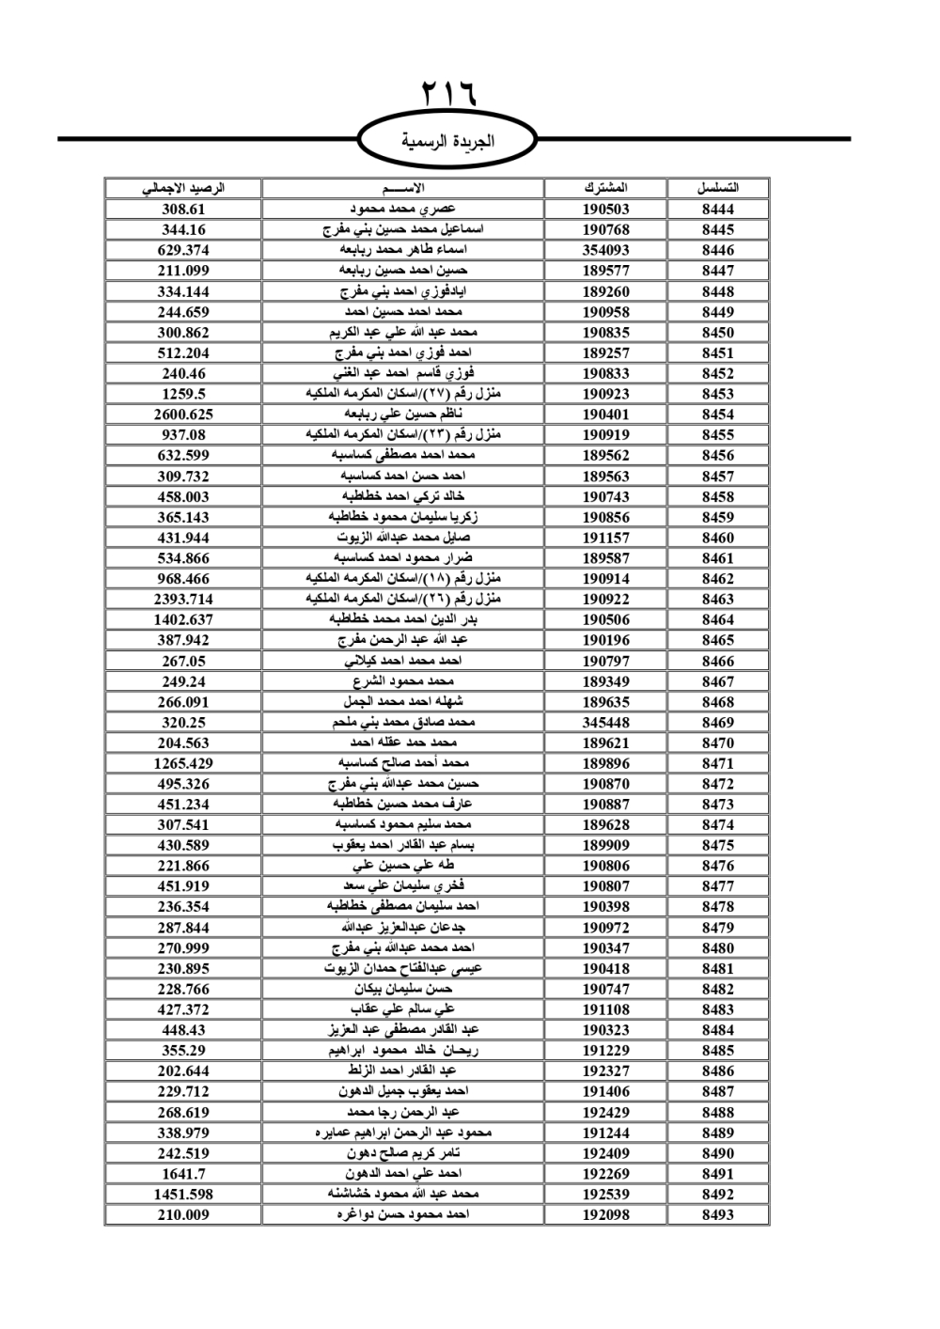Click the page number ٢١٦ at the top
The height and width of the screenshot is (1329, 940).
point(448,93)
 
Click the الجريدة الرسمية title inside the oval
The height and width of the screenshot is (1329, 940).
point(447,142)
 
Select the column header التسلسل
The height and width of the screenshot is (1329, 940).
point(717,188)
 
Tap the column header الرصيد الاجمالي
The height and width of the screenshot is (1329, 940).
point(183,188)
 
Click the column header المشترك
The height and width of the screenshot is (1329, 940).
point(605,188)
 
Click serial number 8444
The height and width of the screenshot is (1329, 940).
point(717,209)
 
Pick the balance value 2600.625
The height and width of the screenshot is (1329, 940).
point(183,414)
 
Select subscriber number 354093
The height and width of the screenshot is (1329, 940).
point(605,250)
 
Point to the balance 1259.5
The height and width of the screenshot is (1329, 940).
point(183,394)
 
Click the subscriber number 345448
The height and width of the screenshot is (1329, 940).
point(605,723)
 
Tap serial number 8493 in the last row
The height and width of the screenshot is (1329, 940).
point(717,1214)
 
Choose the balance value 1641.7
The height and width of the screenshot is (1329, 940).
point(183,1174)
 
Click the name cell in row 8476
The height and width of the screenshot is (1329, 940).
point(403,866)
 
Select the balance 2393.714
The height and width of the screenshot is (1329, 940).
point(183,599)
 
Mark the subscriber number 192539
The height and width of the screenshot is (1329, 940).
point(605,1195)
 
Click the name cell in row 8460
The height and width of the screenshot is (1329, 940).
point(403,538)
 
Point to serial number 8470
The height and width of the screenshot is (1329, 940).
point(717,743)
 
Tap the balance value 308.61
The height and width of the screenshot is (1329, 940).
point(183,209)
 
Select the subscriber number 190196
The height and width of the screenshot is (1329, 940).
point(605,640)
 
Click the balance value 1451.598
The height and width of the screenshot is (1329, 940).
point(183,1195)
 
